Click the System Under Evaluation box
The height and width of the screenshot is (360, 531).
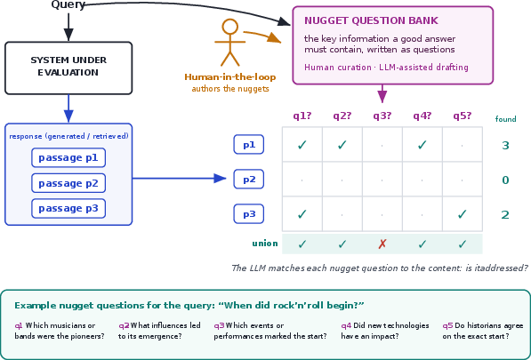click(x=68, y=68)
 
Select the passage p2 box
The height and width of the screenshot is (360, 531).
click(x=68, y=183)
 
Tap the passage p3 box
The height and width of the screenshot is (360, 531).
click(x=68, y=208)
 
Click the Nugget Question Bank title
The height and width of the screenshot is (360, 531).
click(x=371, y=20)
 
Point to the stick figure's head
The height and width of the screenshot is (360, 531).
click(x=230, y=27)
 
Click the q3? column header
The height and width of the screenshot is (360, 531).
click(x=382, y=116)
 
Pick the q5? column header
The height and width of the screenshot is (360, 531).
click(x=463, y=116)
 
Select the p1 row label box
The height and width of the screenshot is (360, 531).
click(x=248, y=145)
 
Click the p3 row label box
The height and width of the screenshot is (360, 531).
click(x=248, y=214)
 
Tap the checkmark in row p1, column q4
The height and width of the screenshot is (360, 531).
click(x=422, y=145)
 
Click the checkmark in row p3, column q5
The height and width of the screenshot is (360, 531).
click(x=463, y=214)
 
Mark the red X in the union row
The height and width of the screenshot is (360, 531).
click(x=382, y=244)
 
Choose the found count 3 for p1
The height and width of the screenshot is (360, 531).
click(x=505, y=145)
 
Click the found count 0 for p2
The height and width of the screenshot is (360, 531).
click(x=505, y=180)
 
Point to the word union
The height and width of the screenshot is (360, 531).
click(x=265, y=244)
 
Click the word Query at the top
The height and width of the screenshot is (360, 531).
click(x=68, y=4)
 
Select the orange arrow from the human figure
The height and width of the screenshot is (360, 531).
click(x=262, y=36)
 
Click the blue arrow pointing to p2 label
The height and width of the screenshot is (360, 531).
click(x=179, y=179)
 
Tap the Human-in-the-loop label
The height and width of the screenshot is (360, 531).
click(x=230, y=76)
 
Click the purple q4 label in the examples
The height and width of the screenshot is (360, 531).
click(x=346, y=325)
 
